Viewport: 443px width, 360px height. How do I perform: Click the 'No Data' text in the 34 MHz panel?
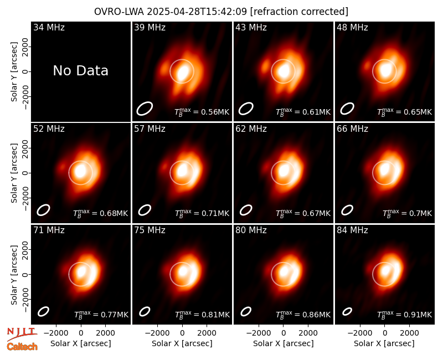[80, 71]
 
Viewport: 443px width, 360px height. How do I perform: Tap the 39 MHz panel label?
[150, 27]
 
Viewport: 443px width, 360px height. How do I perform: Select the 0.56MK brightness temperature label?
[202, 112]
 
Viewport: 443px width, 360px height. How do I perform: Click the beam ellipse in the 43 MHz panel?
[246, 109]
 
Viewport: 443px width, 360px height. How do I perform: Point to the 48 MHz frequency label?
[352, 27]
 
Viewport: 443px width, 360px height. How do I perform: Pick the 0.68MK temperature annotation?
[101, 213]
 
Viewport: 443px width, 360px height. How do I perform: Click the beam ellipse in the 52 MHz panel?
[44, 210]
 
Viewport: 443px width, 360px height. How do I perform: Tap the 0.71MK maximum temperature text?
[202, 213]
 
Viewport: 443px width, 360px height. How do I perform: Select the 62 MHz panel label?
[251, 129]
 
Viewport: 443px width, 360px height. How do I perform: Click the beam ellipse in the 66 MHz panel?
[347, 210]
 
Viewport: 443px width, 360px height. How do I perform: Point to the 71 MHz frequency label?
[49, 230]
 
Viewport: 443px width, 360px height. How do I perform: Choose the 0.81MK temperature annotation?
[202, 315]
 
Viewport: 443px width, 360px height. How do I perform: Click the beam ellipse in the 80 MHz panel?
[246, 311]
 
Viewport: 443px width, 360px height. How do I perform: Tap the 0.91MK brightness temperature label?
[405, 315]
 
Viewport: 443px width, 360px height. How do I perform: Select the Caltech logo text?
[22, 347]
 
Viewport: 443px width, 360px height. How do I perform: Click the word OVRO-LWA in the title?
[119, 12]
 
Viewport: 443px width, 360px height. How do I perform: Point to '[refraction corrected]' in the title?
[299, 12]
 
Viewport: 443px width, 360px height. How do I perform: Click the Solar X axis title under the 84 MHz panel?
[384, 343]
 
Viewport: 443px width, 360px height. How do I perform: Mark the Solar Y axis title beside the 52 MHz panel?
[14, 173]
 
